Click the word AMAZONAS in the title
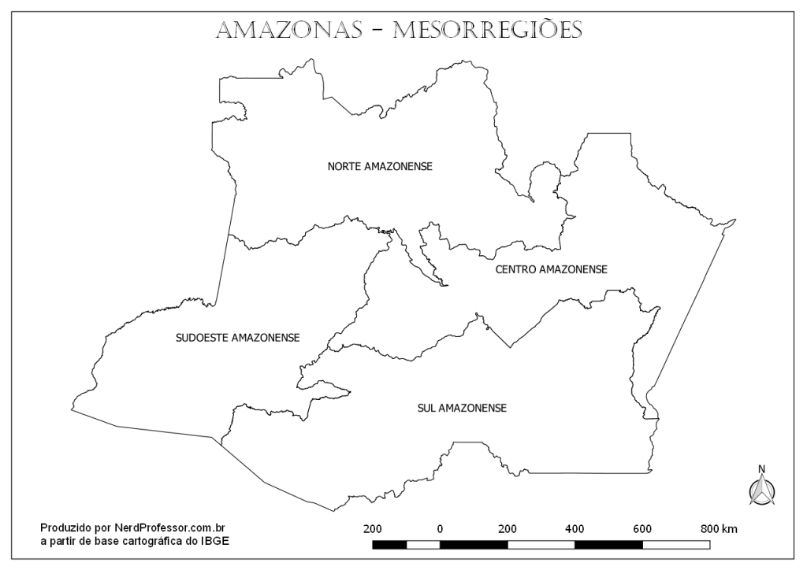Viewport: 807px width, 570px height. click(288, 30)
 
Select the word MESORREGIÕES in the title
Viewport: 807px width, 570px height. click(487, 30)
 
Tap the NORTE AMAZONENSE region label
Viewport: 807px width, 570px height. click(381, 166)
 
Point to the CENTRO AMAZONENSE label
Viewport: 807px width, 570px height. click(551, 269)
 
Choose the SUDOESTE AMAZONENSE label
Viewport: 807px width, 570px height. click(237, 338)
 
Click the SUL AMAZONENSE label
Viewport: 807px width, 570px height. click(462, 408)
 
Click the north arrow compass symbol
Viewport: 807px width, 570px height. click(761, 490)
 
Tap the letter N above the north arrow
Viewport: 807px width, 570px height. click(761, 469)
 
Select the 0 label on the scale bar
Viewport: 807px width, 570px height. click(440, 528)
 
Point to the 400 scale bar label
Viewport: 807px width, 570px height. click(575, 528)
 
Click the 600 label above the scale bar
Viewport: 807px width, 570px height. click(642, 528)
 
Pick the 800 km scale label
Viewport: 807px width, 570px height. click(719, 528)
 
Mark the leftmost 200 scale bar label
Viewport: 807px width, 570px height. click(373, 528)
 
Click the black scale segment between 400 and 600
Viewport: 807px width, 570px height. click(608, 544)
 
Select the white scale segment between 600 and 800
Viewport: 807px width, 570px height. click(676, 544)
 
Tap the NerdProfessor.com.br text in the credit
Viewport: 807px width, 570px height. click(171, 528)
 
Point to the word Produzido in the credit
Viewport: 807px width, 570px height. click(65, 528)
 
